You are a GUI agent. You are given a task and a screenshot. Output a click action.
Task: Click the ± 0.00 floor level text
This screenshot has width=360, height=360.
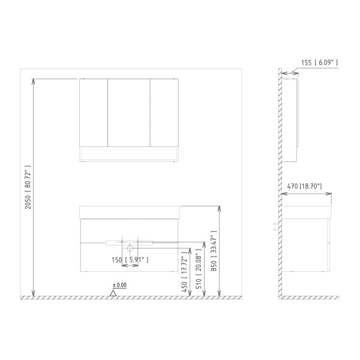tap(119, 285)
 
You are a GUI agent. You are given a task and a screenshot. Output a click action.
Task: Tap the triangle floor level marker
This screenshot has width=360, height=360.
tap(113, 293)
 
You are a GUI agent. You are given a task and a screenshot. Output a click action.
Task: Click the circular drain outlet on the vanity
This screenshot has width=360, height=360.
tap(130, 247)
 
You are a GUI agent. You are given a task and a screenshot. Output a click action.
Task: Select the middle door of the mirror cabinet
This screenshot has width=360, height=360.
tap(128, 112)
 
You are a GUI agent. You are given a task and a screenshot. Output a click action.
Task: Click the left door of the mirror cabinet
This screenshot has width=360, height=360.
tap(94, 112)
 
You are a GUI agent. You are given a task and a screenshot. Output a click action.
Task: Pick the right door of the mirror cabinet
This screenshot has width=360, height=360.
tap(163, 112)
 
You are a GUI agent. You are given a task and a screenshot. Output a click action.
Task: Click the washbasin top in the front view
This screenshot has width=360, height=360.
tap(130, 212)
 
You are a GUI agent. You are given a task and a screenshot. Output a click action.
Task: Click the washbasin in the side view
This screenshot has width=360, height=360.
tap(307, 212)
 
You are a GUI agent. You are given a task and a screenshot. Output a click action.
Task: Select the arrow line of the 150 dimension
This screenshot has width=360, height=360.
tap(130, 266)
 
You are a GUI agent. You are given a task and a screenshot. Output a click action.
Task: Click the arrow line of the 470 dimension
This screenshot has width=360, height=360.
tap(307, 193)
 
